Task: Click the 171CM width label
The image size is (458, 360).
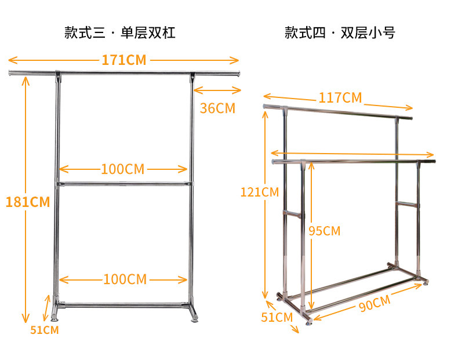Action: click(x=123, y=60)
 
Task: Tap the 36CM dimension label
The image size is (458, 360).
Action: click(x=217, y=108)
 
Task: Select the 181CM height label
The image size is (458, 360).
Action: click(x=27, y=202)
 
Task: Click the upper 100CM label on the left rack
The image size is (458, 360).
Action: click(x=122, y=169)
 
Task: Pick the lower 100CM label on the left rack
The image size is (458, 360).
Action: click(x=124, y=279)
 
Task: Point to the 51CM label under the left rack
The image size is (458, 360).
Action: click(x=45, y=330)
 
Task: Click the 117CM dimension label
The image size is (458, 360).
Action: click(x=340, y=98)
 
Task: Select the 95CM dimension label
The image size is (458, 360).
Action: click(x=324, y=231)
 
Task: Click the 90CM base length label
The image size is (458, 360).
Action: click(x=373, y=303)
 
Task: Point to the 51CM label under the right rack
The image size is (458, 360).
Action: click(x=277, y=317)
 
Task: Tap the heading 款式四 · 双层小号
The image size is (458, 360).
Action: click(x=340, y=32)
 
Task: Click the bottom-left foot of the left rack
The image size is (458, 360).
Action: click(x=56, y=317)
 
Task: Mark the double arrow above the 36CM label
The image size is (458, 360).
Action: click(x=217, y=90)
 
